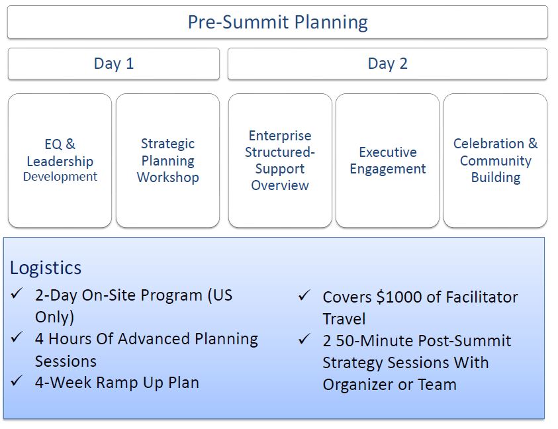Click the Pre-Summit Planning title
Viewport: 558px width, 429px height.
click(277, 22)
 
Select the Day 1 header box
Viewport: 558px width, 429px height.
click(114, 64)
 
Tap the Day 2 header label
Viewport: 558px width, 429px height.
click(387, 64)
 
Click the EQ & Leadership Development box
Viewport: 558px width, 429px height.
click(60, 161)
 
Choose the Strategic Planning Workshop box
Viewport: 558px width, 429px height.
click(167, 161)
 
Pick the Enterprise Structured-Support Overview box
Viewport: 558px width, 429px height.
click(280, 161)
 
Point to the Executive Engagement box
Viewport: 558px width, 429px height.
click(387, 161)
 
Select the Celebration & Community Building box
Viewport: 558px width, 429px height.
click(495, 161)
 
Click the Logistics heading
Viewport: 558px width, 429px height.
click(46, 268)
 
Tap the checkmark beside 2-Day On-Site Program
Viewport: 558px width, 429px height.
click(17, 293)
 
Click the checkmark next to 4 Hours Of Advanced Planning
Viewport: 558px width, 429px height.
click(17, 337)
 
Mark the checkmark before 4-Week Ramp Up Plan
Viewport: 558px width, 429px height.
click(17, 381)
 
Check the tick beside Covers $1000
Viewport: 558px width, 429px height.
click(304, 295)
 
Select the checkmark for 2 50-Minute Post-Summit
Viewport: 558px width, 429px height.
click(304, 339)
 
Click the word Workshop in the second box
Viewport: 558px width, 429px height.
click(167, 177)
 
